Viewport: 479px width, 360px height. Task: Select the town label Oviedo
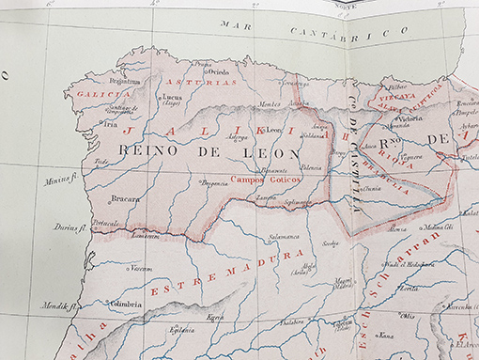click(x=219, y=70)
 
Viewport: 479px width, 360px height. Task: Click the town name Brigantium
click(x=124, y=82)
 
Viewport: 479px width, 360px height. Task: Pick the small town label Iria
click(x=111, y=122)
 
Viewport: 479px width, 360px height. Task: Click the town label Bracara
click(x=125, y=198)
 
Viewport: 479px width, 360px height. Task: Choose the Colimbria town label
click(x=125, y=304)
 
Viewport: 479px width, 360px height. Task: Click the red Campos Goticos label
click(x=257, y=179)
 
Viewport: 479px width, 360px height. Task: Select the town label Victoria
click(x=410, y=119)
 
